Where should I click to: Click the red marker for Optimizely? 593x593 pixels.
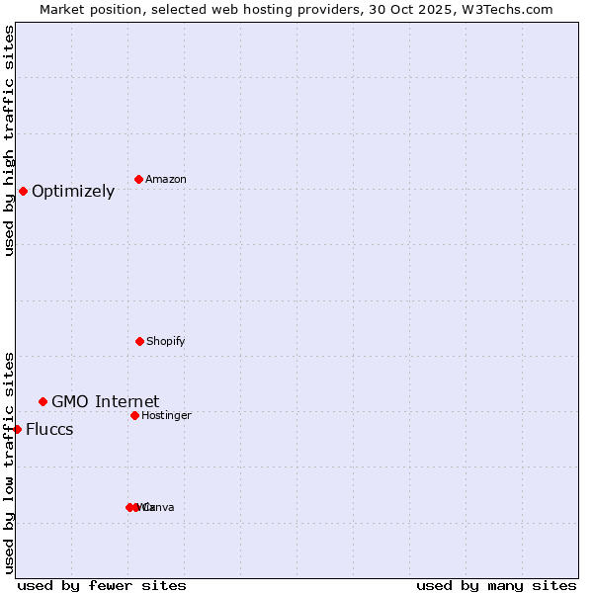[23, 191]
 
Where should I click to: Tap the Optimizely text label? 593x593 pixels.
[73, 192]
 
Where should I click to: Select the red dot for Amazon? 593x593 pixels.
[138, 179]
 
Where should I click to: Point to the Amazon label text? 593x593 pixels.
[166, 180]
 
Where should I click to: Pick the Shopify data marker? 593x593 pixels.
[139, 341]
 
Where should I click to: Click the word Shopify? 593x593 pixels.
[166, 342]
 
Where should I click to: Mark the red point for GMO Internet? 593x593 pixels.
[42, 401]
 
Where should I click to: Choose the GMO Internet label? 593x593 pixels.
[105, 401]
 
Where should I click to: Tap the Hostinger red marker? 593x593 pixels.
[134, 415]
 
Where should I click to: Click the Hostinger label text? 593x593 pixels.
[166, 416]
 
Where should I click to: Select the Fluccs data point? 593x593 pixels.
[17, 429]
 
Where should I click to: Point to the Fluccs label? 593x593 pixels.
[49, 430]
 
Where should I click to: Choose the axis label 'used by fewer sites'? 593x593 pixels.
[102, 586]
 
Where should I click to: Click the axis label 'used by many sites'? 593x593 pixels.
[496, 586]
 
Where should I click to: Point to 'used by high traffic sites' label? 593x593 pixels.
[9, 140]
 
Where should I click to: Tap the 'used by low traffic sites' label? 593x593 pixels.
[9, 463]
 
